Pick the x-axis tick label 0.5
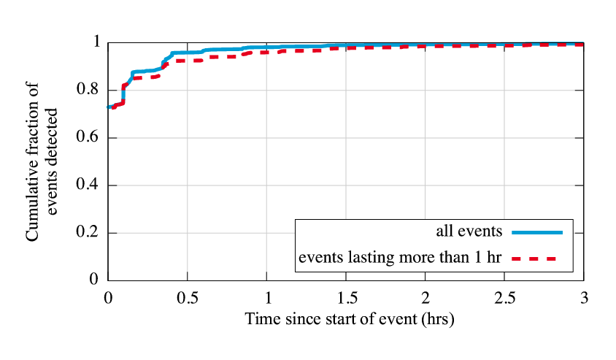pyautogui.click(x=187, y=298)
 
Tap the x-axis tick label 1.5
pyautogui.click(x=346, y=298)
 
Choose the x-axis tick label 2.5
pyautogui.click(x=504, y=298)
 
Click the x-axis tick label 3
pyautogui.click(x=584, y=298)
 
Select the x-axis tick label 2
pyautogui.click(x=426, y=298)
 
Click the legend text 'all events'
pyautogui.click(x=469, y=232)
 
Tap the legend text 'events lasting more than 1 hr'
pyautogui.click(x=401, y=258)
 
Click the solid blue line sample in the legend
pyautogui.click(x=537, y=232)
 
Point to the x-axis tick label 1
pyautogui.click(x=266, y=298)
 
